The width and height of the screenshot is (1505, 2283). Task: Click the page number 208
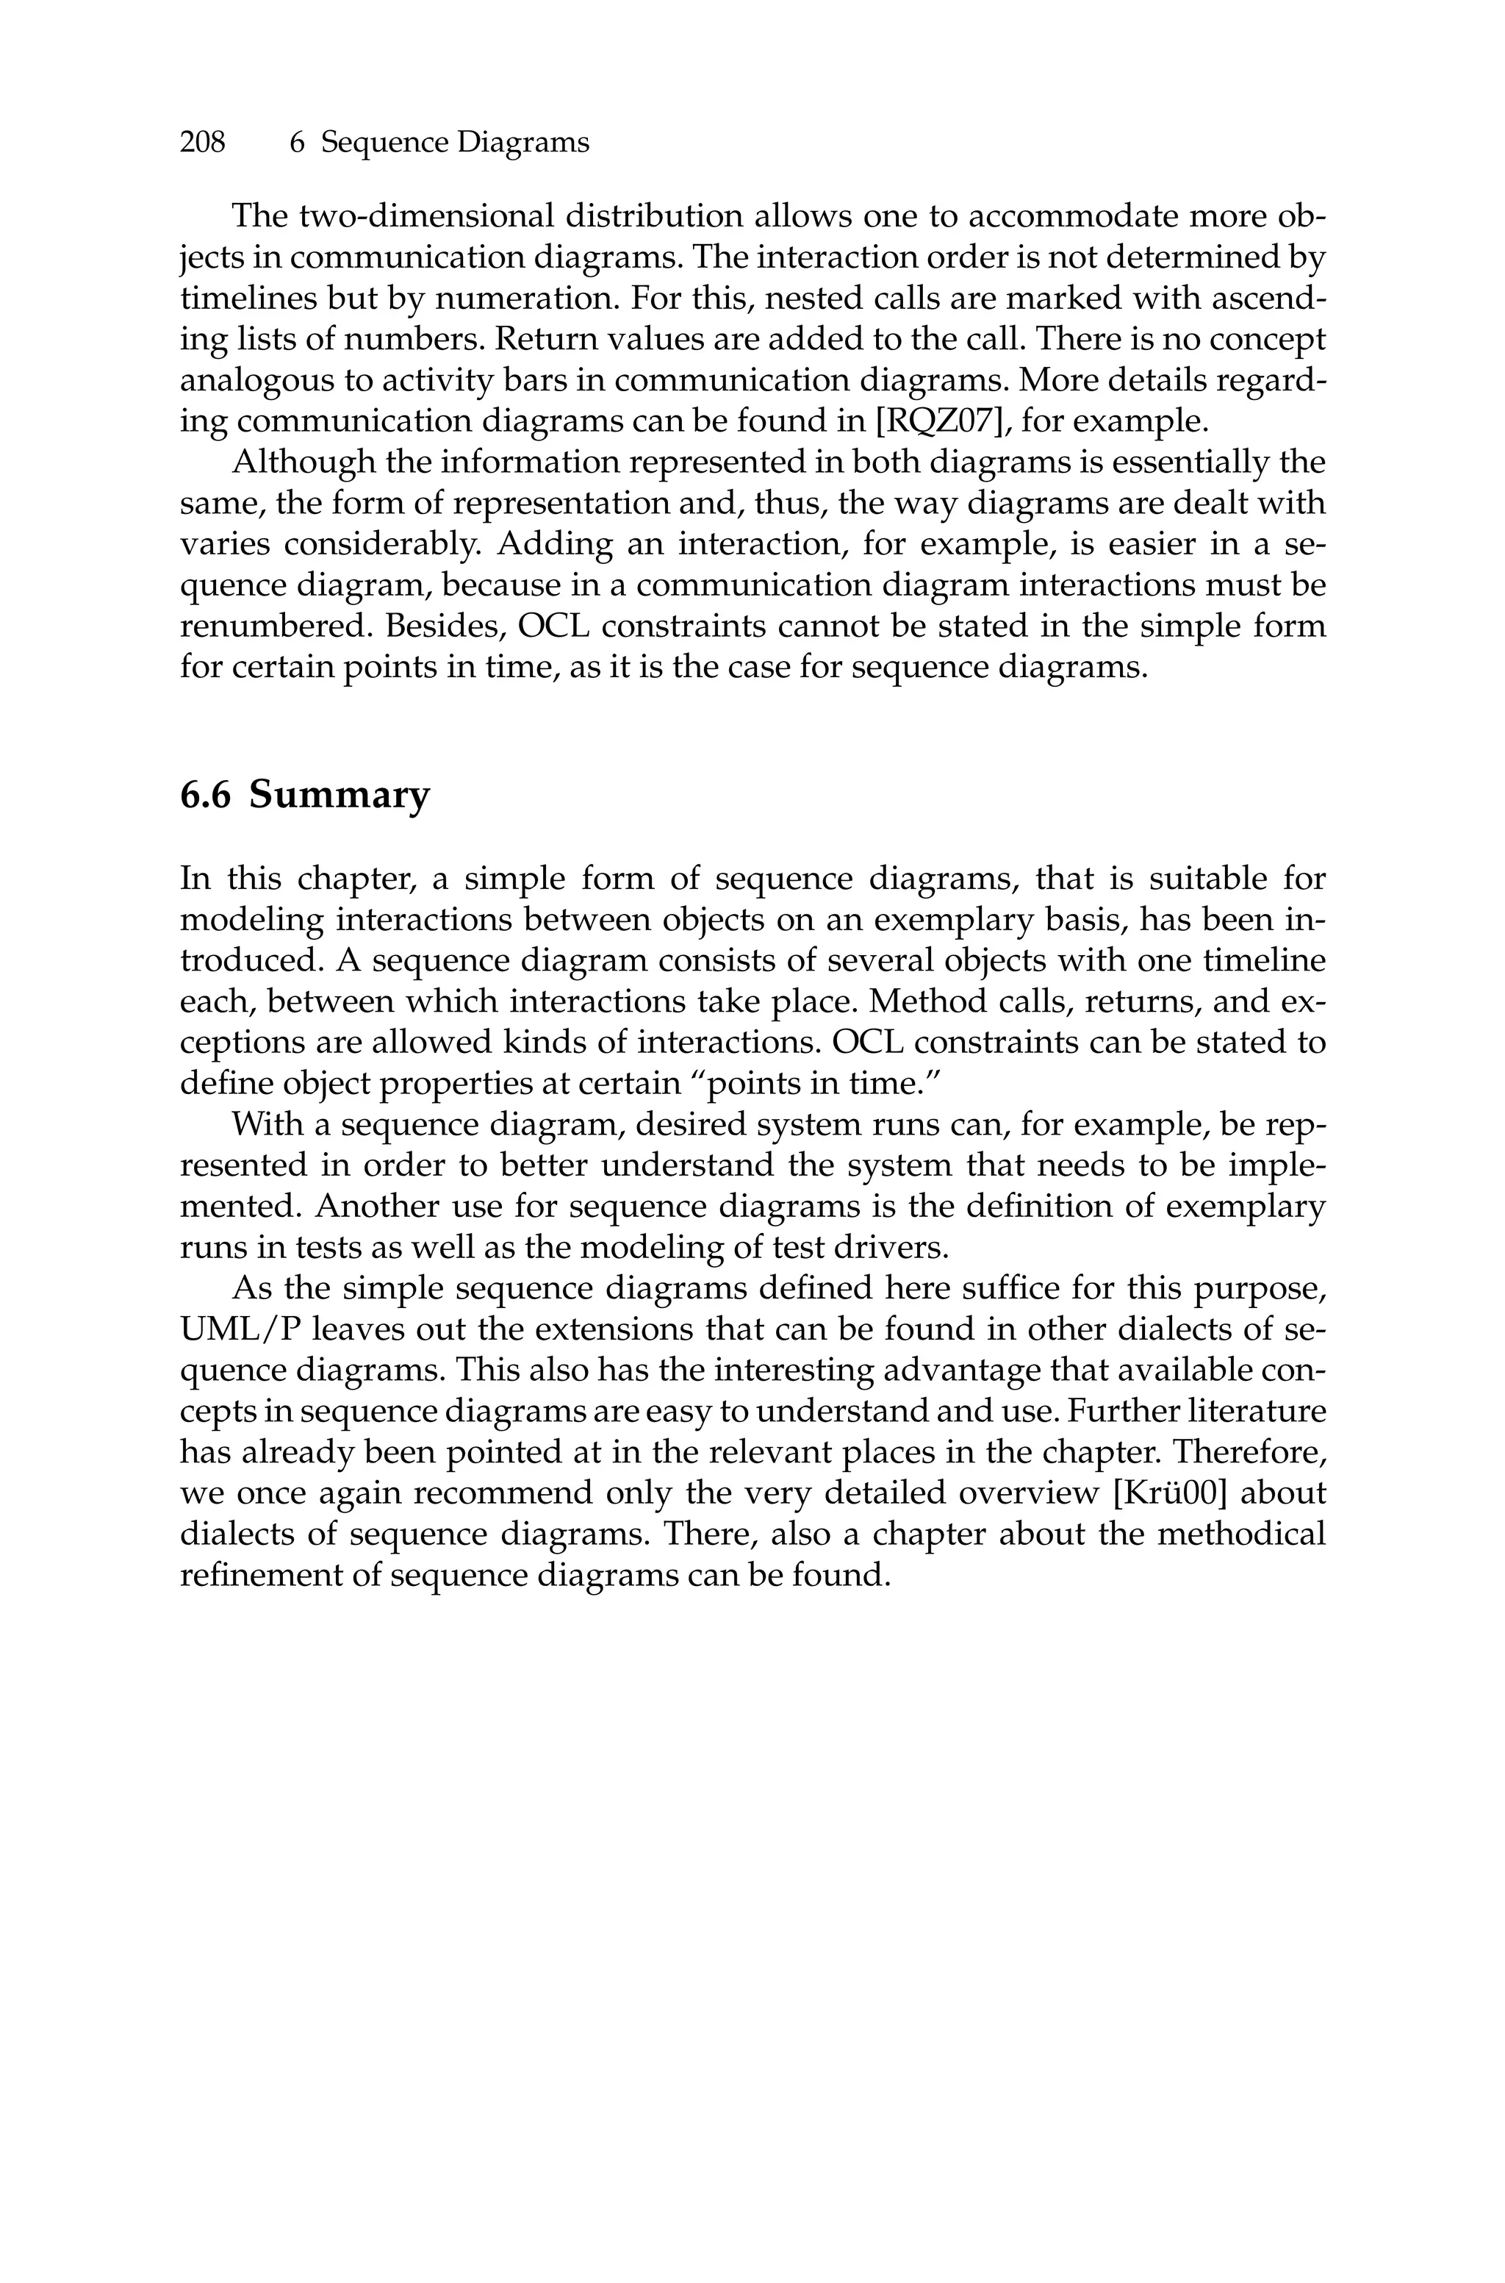coord(203,143)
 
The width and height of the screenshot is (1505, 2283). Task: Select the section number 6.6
coord(206,796)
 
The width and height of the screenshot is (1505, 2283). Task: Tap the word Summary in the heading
coord(340,796)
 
